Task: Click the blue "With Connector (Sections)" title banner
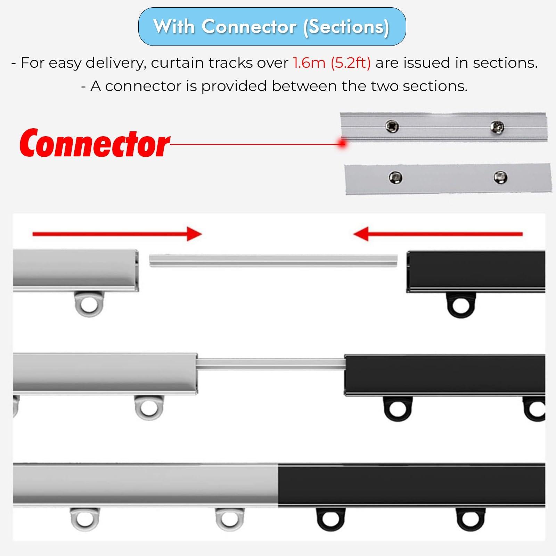point(272,26)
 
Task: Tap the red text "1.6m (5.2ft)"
point(332,63)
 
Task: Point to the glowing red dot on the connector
point(343,142)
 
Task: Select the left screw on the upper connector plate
point(392,126)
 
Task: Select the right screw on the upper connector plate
point(497,126)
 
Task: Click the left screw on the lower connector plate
point(395,178)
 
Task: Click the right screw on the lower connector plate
point(500,177)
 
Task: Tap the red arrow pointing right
point(117,234)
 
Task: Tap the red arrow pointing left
point(438,234)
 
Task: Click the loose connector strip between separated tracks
point(273,260)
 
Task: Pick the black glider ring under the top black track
point(460,305)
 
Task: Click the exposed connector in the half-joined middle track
point(271,364)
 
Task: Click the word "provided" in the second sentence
point(234,86)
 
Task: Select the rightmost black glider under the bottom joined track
point(470,519)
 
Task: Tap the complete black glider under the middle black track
point(398,409)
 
